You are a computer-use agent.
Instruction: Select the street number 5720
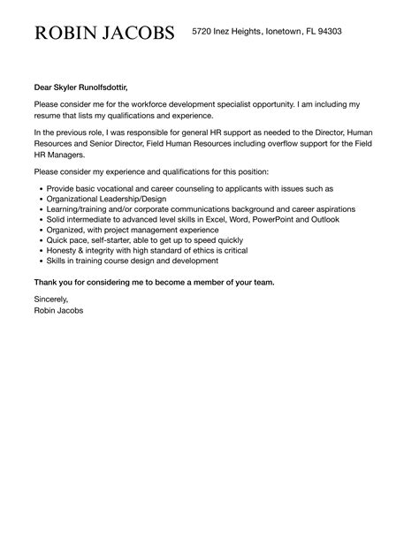click(203, 32)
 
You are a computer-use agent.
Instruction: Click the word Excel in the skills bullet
click(208, 219)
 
